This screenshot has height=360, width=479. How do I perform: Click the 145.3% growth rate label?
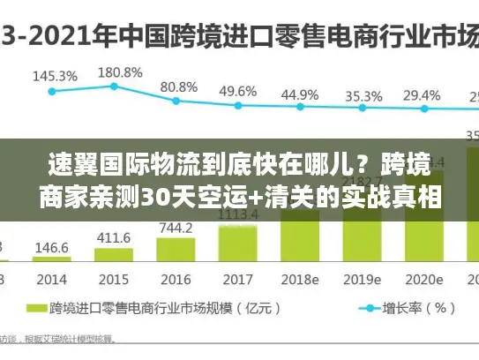(54, 76)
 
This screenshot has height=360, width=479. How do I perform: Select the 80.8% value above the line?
(178, 86)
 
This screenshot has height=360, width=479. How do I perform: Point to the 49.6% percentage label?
(237, 91)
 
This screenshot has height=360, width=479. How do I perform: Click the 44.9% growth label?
(300, 94)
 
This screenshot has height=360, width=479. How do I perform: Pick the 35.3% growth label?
(363, 95)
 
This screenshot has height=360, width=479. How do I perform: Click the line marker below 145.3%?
(52, 90)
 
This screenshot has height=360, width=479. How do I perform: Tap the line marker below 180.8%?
(114, 86)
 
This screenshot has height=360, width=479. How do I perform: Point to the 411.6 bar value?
(114, 237)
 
